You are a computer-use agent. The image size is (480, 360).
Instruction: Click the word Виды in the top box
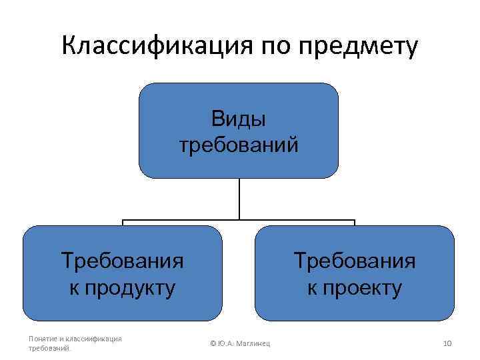coord(239,119)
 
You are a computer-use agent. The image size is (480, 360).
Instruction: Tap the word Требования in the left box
coord(122,260)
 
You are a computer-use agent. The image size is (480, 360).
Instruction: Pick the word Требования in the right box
coord(354,260)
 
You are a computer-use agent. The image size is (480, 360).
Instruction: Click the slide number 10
coord(447,343)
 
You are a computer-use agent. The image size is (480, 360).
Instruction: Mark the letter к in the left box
coord(74,289)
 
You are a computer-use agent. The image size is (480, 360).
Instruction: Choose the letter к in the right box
coord(312,289)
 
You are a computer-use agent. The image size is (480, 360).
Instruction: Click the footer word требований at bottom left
coord(49,348)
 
